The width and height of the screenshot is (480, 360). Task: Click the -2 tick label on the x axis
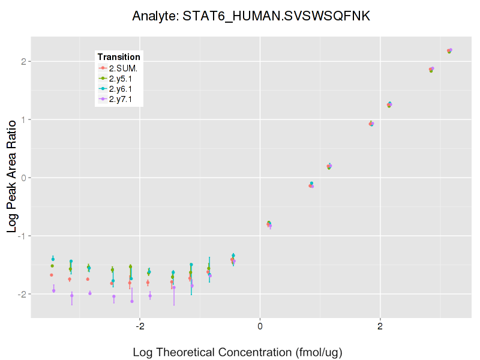[139, 326]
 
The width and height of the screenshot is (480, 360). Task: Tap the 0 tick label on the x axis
[260, 326]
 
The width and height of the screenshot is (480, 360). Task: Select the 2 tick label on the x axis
[380, 326]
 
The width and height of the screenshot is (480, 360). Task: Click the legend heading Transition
[119, 57]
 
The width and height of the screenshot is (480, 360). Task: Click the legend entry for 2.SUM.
[123, 68]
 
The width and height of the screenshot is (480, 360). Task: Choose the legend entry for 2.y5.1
[123, 79]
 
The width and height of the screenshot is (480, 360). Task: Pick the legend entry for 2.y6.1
[123, 89]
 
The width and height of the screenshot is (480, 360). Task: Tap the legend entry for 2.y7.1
[123, 99]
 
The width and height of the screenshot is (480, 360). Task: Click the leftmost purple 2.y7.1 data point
[53, 290]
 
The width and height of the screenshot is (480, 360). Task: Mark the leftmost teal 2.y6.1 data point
[53, 259]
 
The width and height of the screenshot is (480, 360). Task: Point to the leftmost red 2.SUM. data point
[52, 275]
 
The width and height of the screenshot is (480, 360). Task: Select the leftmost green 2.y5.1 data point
[52, 266]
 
